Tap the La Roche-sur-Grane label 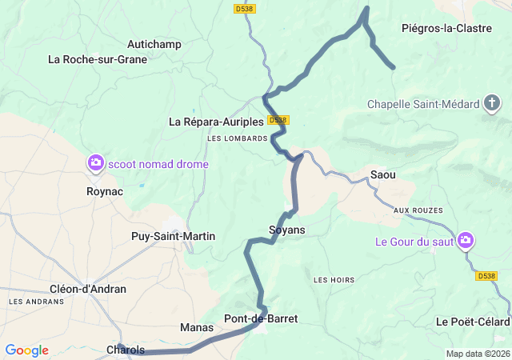click(x=98, y=58)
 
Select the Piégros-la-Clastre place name click(x=446, y=29)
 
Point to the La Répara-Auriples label click(x=216, y=122)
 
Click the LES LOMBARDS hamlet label click(x=237, y=138)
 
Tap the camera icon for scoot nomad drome click(x=96, y=163)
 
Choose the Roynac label click(x=104, y=191)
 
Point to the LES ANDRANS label click(x=36, y=302)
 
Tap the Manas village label click(x=197, y=327)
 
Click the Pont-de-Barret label click(x=261, y=318)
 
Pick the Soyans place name click(x=287, y=230)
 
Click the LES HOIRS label click(x=334, y=280)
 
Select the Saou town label click(x=383, y=174)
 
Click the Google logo click(x=26, y=350)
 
